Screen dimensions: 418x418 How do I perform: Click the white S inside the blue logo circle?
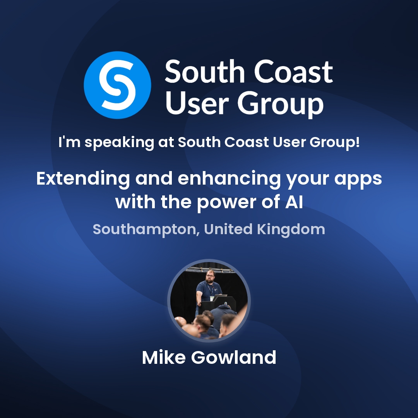tap(117, 85)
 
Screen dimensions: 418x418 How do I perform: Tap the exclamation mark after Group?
tap(357, 142)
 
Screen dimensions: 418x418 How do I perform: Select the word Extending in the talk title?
tap(83, 179)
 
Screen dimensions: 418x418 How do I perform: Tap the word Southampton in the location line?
tap(145, 230)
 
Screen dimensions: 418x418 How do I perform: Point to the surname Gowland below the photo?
tap(234, 358)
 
